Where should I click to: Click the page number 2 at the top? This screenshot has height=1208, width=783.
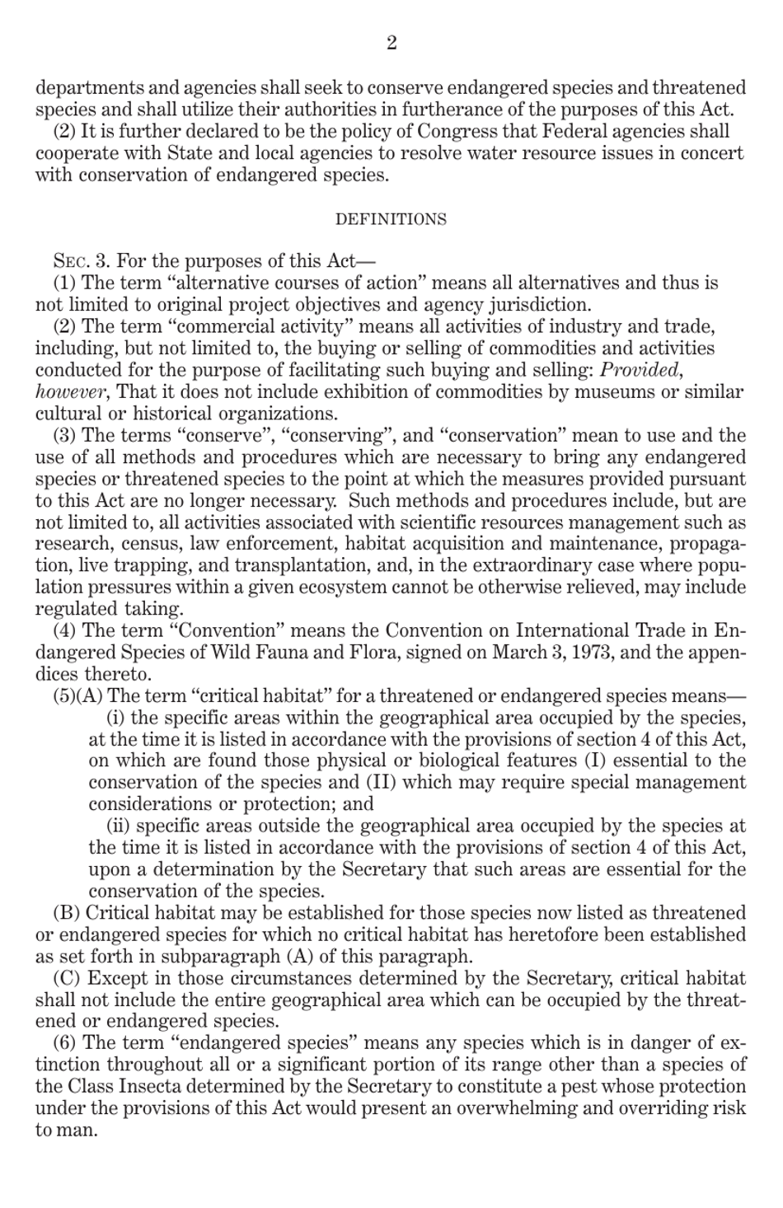[391, 43]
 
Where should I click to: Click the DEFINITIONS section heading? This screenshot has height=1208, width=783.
[391, 219]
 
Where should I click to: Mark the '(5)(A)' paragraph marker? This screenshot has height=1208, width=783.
[78, 695]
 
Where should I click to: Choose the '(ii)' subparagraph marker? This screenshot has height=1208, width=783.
[119, 826]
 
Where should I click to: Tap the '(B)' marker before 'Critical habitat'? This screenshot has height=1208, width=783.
[67, 913]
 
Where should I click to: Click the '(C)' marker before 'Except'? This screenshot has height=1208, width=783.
[67, 978]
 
